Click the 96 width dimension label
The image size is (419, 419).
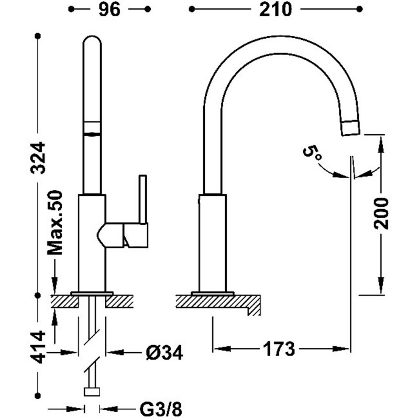[x=109, y=10]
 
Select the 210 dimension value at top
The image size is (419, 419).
[x=275, y=10]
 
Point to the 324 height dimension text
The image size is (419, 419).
[x=38, y=158]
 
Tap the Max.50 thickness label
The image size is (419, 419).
[x=55, y=223]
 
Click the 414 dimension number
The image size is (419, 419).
[x=38, y=347]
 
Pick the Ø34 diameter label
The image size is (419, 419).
[x=164, y=352]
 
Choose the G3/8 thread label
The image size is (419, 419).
[x=161, y=409]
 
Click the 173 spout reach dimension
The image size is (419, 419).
[x=279, y=349]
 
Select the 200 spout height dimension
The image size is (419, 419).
[x=381, y=213]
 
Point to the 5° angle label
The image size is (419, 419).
[x=312, y=153]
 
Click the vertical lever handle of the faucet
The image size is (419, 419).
[x=143, y=199]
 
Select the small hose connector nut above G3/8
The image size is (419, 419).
[x=92, y=392]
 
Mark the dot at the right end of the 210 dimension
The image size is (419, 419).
[x=359, y=9]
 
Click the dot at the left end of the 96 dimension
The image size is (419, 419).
[x=71, y=9]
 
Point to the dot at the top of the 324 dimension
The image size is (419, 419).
[x=38, y=36]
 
